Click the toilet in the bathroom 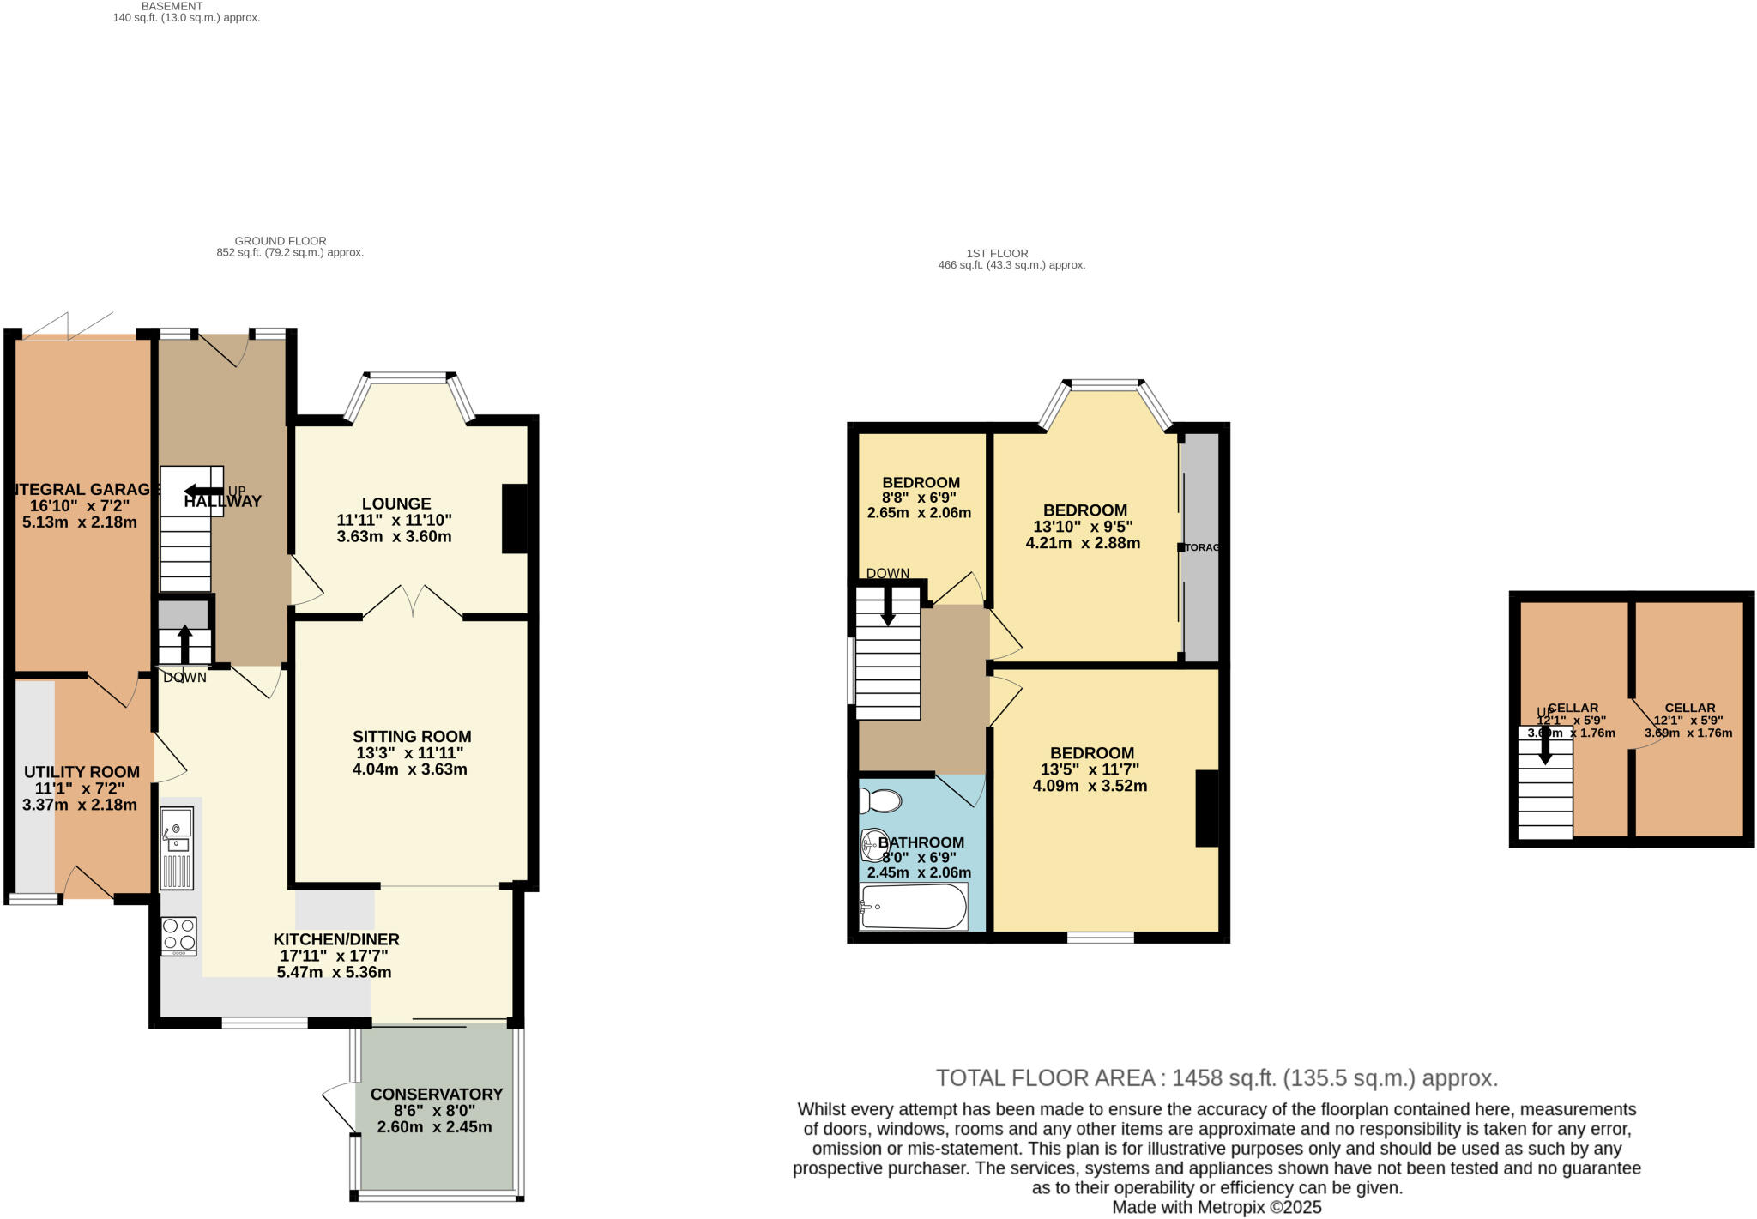click(x=881, y=800)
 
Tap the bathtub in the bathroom click(x=914, y=907)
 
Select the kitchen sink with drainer click(x=178, y=848)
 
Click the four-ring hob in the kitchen click(x=178, y=936)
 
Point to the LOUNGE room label click(x=395, y=504)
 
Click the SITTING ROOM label click(x=412, y=736)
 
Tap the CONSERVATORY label click(x=436, y=1094)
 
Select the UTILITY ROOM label click(x=82, y=772)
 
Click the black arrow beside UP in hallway click(x=202, y=491)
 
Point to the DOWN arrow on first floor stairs click(x=888, y=605)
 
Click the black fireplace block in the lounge click(x=514, y=518)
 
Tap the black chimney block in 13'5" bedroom click(x=1206, y=808)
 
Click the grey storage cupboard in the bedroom click(x=1201, y=546)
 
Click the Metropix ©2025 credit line click(x=1217, y=1207)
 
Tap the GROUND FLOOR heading click(x=281, y=241)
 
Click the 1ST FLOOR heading click(x=997, y=253)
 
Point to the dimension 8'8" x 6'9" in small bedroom click(x=919, y=497)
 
